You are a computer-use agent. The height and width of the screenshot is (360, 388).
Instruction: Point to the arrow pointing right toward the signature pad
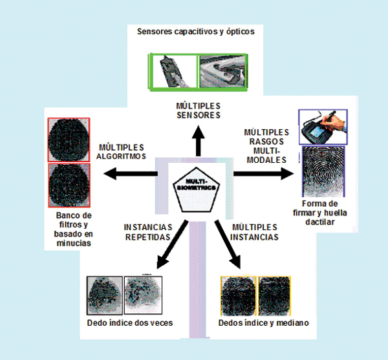pos(261,173)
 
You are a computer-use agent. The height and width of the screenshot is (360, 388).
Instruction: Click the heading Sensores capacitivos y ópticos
pos(195,30)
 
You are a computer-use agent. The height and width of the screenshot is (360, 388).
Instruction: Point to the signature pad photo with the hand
pos(322,127)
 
